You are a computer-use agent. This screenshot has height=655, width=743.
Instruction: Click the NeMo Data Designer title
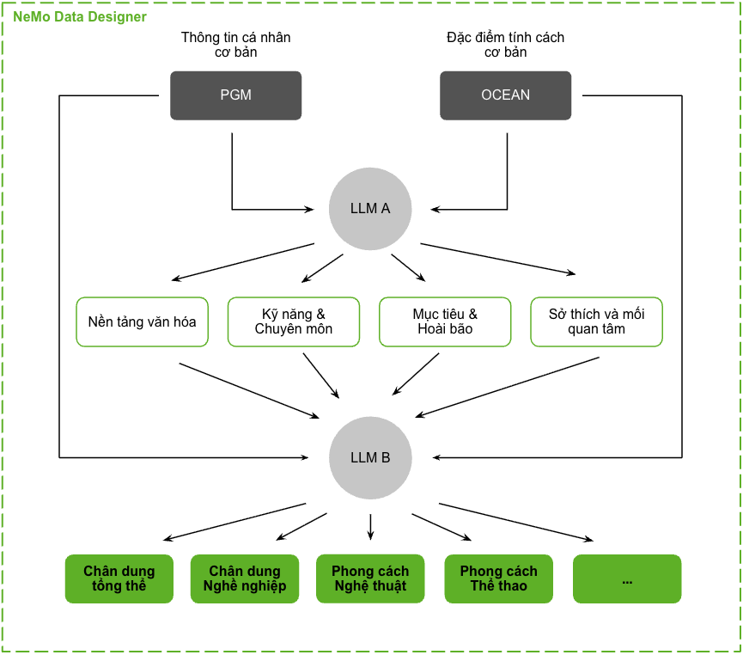point(80,16)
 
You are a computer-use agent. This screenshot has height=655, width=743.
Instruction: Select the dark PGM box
point(235,95)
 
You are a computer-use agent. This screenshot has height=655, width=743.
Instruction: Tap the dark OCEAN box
point(505,95)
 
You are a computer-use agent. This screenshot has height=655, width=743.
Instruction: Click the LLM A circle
point(370,209)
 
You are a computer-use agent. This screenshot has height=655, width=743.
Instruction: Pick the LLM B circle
point(370,457)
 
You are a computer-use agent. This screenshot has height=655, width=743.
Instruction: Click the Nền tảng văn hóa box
point(142,322)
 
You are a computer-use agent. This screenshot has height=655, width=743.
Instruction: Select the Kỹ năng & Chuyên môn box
point(294,322)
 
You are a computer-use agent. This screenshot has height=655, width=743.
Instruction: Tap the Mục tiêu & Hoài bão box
point(445,322)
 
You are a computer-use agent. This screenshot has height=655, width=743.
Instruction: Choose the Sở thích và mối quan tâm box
point(597,322)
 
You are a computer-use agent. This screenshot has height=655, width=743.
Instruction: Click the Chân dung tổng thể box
point(119,578)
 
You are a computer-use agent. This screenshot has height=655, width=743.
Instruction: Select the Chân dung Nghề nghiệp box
point(245,578)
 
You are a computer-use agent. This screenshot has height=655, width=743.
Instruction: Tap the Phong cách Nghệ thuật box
point(370,578)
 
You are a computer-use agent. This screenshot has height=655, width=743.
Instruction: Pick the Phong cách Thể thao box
point(498,578)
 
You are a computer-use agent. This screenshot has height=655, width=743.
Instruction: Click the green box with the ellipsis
point(627,578)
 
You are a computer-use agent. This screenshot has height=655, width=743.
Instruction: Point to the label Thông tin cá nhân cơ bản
point(235,45)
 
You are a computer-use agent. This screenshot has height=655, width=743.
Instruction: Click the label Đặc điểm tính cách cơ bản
point(505,45)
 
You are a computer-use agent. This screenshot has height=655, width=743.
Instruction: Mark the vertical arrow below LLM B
point(370,527)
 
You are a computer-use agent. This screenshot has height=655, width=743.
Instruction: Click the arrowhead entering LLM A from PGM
point(309,209)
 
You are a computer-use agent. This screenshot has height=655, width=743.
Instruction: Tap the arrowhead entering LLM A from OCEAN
point(435,209)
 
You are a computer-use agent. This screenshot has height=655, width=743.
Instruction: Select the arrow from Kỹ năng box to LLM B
point(321,376)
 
